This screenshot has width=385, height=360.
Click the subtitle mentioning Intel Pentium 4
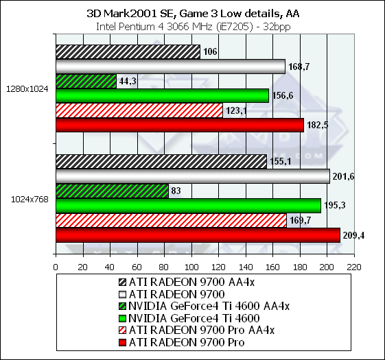[194, 27]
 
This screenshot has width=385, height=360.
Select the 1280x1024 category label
[27, 89]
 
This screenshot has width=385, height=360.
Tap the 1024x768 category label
[30, 200]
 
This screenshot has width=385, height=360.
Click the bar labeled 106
[128, 52]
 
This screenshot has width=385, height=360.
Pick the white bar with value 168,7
[171, 67]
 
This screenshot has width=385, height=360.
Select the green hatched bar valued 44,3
[86, 81]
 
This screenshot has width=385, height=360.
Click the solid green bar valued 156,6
[162, 96]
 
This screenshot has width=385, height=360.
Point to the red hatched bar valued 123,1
[139, 110]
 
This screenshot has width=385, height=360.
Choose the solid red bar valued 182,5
[180, 125]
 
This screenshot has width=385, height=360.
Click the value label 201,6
[343, 176]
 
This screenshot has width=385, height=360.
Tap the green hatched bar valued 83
[113, 191]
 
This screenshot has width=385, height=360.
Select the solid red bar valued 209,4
[198, 235]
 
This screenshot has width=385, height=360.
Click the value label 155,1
[281, 161]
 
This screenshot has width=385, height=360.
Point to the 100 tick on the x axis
[191, 267]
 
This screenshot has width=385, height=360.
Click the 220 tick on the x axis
[354, 267]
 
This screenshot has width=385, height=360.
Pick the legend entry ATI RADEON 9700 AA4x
[187, 283]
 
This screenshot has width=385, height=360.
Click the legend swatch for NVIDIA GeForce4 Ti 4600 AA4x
[122, 307]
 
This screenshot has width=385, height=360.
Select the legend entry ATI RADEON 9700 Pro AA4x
[196, 331]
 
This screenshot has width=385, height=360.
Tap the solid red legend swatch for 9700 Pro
[122, 343]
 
